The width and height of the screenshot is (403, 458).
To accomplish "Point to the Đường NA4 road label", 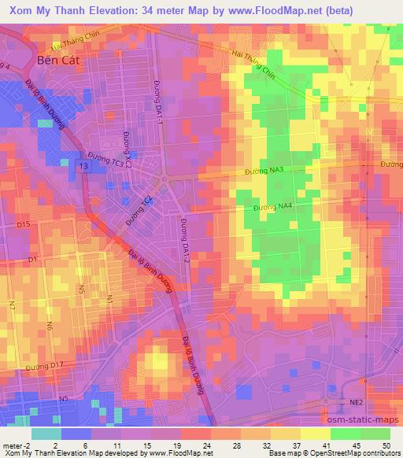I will pos(273,207).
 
